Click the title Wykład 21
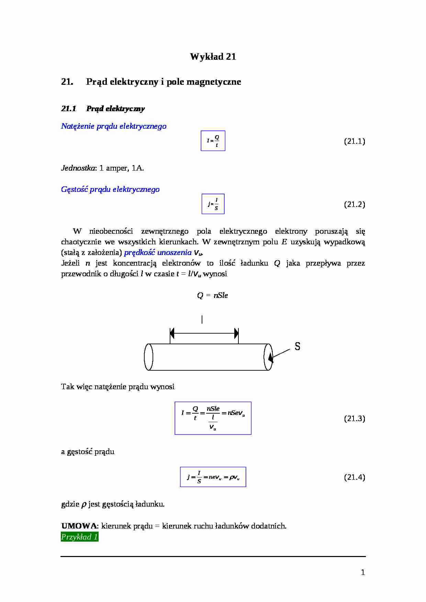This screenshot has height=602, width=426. tap(213, 57)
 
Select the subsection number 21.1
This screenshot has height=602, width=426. tap(68, 109)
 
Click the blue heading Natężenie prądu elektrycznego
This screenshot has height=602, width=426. tap(114, 126)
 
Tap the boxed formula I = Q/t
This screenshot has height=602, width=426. tap(213, 141)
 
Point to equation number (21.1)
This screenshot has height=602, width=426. tap(354, 141)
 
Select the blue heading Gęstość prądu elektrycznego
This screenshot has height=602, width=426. tap(110, 189)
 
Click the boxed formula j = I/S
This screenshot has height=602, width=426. tap(213, 204)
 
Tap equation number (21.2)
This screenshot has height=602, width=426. tap(354, 205)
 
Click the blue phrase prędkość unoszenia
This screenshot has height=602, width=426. tap(158, 253)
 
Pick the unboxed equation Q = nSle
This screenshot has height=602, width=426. tap(212, 296)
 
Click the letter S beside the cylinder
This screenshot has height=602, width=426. tap(298, 347)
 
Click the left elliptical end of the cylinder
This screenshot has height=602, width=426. tap(148, 357)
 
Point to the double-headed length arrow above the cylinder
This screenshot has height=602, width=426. tap(204, 333)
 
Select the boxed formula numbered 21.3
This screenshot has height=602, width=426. tap(213, 418)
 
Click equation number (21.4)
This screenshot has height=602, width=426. tap(354, 477)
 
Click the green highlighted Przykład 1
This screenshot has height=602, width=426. tap(80, 537)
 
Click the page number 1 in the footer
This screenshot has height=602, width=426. tap(363, 572)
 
